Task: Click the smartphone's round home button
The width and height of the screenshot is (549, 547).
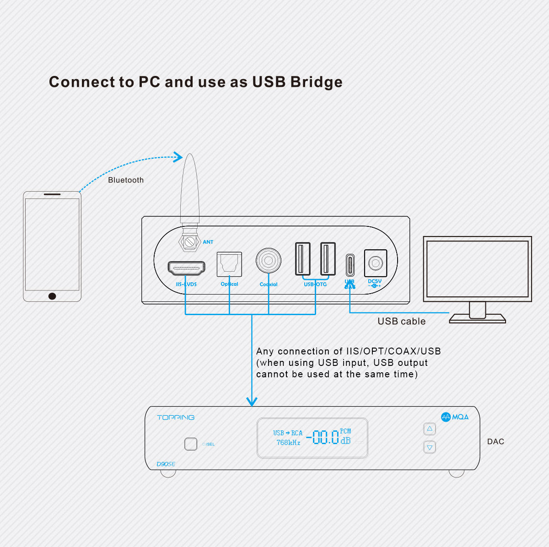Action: click(52, 296)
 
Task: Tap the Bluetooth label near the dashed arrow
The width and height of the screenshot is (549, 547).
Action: click(126, 180)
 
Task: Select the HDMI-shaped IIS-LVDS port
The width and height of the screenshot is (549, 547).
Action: click(187, 268)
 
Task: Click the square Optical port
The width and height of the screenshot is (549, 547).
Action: click(229, 264)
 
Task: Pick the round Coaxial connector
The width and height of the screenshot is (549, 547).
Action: click(269, 261)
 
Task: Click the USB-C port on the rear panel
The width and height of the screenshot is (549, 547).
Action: click(350, 264)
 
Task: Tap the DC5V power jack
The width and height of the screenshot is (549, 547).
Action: click(376, 263)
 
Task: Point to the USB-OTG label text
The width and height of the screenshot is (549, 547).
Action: click(315, 284)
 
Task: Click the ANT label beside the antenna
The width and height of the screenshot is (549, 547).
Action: click(208, 242)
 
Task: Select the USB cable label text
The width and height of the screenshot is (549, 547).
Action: click(401, 322)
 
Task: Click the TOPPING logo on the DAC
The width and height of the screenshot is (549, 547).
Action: click(176, 418)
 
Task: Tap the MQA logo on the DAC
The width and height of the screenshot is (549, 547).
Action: click(455, 417)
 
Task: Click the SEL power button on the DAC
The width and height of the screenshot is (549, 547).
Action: click(191, 444)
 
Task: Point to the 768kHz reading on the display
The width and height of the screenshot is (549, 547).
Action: click(288, 443)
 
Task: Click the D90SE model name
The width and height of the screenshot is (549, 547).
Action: click(166, 464)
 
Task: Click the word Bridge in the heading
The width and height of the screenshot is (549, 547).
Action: click(316, 82)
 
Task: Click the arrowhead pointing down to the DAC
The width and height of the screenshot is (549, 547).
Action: click(252, 402)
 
